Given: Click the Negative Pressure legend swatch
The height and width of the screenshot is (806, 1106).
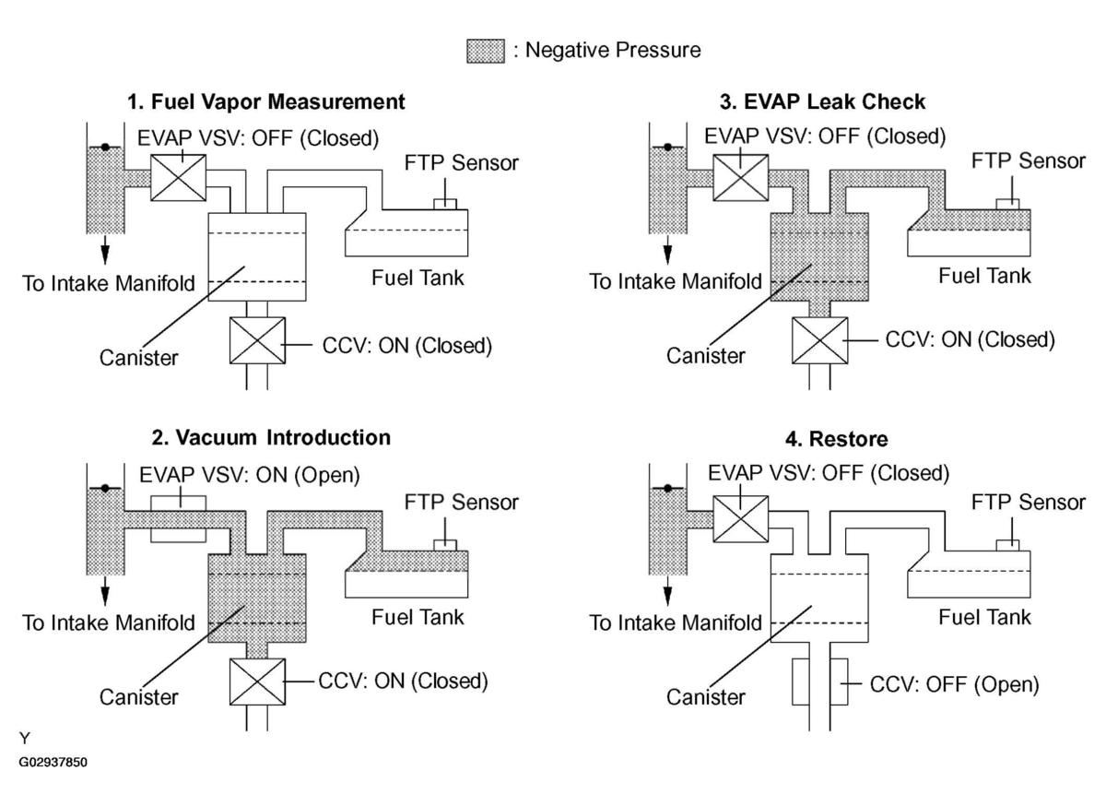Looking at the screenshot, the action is [486, 51].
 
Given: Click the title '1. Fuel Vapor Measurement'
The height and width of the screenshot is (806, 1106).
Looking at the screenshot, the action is [265, 101].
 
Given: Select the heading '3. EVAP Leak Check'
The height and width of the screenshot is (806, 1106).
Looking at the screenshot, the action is [822, 101].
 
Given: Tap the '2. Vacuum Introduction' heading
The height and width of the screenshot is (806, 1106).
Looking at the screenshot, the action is [271, 438].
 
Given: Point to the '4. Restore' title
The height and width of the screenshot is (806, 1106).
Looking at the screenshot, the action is [837, 439].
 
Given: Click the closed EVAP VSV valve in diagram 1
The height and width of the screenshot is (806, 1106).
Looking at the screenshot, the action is [178, 178].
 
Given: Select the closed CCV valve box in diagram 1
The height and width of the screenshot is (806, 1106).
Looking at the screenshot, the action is [257, 340].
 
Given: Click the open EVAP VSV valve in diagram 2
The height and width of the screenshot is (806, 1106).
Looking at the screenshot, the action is [178, 519].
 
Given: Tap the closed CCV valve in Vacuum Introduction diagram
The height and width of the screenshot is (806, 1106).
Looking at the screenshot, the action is [257, 682].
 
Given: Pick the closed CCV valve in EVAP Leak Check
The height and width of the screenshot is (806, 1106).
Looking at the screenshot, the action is [819, 340].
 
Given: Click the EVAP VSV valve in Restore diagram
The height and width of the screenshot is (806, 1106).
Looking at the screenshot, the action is [741, 519].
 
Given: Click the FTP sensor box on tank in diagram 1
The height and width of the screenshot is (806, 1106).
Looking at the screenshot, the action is [445, 204].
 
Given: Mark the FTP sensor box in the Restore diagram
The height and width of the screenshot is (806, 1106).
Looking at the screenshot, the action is [1007, 545].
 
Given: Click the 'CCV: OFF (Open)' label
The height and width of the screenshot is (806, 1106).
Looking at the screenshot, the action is [955, 685].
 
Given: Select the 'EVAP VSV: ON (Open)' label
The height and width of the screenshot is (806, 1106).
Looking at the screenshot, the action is [250, 476].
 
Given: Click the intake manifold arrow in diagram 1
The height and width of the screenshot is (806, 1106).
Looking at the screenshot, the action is [105, 250].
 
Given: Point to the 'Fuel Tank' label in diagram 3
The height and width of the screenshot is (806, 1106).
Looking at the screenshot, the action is [984, 276].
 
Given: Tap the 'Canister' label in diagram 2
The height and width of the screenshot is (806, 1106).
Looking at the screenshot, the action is [139, 697].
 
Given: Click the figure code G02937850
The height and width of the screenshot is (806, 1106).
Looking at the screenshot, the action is [53, 762].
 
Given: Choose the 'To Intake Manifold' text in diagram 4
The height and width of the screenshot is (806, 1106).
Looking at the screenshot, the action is [676, 622].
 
